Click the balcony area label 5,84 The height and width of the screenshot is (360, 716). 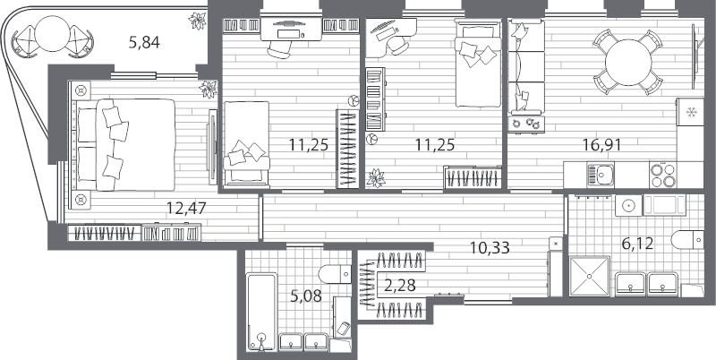click(144, 43)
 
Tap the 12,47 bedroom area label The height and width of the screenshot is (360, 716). click(186, 209)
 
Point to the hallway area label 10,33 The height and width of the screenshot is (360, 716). click(490, 249)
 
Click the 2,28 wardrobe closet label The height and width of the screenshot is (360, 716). click(400, 287)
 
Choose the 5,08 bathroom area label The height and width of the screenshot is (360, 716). click(305, 296)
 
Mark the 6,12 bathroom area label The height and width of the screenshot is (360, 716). click(637, 244)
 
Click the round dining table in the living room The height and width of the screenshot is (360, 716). click(628, 62)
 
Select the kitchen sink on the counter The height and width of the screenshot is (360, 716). click(601, 175)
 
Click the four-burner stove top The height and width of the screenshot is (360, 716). click(663, 175)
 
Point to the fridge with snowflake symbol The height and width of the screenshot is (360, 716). click(690, 112)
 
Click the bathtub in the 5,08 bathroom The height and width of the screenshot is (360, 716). click(261, 312)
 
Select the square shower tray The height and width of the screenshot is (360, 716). click(590, 277)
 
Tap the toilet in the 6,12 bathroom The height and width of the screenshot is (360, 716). click(687, 240)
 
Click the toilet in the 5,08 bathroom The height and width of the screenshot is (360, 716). click(335, 274)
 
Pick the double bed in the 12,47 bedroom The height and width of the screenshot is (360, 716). click(135, 144)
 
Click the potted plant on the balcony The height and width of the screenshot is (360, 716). click(197, 21)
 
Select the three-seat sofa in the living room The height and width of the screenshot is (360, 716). click(526, 66)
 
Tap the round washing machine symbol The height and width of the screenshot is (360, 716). click(629, 206)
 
